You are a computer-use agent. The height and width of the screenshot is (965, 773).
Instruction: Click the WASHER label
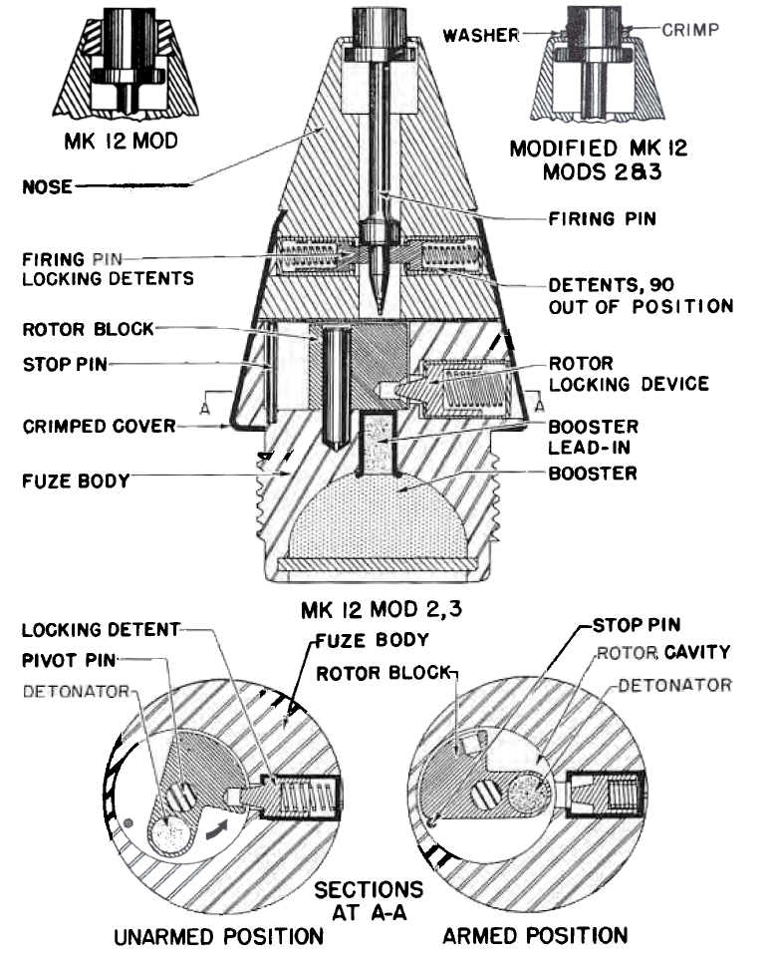[481, 35]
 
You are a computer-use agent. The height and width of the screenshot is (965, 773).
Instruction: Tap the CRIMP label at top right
[690, 30]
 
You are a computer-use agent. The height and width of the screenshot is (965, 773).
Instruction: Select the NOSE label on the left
[48, 186]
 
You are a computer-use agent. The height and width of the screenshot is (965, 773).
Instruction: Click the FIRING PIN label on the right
[602, 218]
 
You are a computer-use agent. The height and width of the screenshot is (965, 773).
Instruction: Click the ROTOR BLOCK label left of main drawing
[88, 329]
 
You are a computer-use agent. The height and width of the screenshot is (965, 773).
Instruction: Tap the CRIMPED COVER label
[99, 426]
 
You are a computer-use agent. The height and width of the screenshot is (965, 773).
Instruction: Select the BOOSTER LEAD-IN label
[593, 437]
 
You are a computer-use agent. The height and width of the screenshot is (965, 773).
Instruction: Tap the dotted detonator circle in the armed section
[528, 793]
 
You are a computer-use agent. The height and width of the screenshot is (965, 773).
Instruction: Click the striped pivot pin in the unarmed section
[180, 797]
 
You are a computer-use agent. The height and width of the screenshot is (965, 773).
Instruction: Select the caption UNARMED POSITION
[218, 936]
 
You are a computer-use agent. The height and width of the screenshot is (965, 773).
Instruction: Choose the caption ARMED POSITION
[535, 935]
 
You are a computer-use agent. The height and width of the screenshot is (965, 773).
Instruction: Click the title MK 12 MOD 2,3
[382, 610]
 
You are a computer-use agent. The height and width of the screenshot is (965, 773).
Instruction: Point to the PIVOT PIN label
[69, 660]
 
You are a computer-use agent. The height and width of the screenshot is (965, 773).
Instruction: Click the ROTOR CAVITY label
[663, 652]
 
